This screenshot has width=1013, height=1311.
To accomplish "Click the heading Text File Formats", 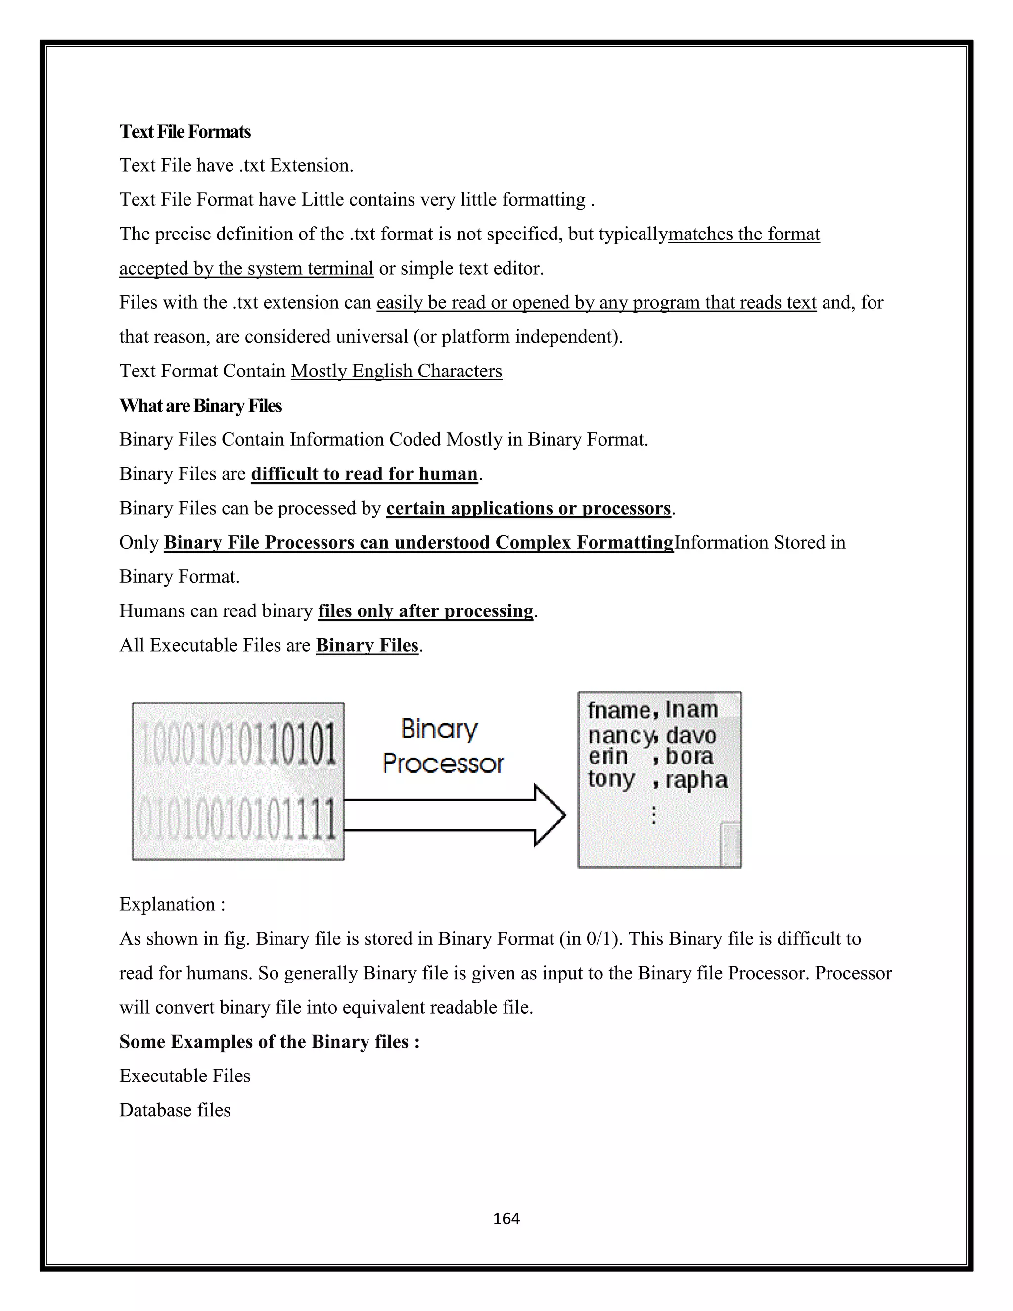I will tap(185, 132).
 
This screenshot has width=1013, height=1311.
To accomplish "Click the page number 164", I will tap(506, 1218).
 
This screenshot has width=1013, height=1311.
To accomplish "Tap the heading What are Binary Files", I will tap(200, 406).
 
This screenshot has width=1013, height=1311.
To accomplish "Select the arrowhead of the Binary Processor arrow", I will tap(549, 815).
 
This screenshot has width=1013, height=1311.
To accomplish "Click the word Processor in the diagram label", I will tap(443, 763).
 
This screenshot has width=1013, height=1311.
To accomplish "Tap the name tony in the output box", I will tap(610, 779).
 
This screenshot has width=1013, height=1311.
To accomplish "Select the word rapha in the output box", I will tap(696, 780).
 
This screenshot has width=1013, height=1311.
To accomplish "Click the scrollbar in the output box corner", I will tap(731, 844).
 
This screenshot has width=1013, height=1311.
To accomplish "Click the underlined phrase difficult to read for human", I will tap(364, 474).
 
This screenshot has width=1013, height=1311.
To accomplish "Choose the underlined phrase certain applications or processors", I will tap(528, 509).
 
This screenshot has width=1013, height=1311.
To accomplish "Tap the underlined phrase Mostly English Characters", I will tap(396, 371).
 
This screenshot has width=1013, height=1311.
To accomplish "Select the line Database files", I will tap(175, 1110).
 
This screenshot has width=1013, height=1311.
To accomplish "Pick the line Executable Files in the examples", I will tap(185, 1076).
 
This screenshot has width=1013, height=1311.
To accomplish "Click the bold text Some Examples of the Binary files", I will tap(269, 1041).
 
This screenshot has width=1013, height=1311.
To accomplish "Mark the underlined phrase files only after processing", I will tap(425, 611).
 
